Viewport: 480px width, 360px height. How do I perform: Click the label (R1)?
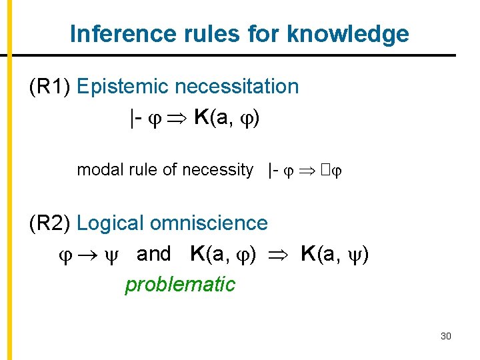tap(51, 87)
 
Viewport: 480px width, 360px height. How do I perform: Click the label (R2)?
tap(51, 223)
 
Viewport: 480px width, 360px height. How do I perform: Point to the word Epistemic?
tap(124, 87)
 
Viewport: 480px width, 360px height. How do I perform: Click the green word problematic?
tap(180, 285)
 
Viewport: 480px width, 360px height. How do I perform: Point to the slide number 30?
tap(446, 336)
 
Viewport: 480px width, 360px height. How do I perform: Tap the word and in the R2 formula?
tap(153, 254)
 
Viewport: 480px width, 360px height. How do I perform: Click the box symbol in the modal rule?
tap(323, 171)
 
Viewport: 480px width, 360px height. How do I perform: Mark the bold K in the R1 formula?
tap(202, 119)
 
